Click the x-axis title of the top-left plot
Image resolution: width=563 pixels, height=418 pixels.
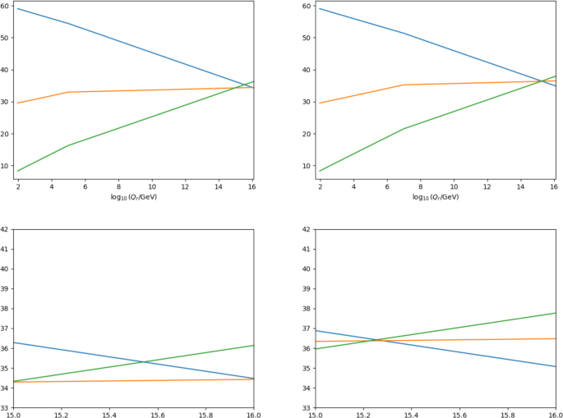[135, 197]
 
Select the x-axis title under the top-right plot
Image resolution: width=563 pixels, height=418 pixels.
[437, 197]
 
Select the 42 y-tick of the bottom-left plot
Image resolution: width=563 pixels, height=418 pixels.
[5, 229]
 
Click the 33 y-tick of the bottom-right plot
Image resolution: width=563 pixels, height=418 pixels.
[307, 408]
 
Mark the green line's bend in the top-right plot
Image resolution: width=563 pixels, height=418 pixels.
[404, 129]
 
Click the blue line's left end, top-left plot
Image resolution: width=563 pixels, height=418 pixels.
[17, 8]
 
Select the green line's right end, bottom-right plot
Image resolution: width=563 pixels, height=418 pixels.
[556, 313]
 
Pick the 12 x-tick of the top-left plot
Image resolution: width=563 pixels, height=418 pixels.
[186, 186]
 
